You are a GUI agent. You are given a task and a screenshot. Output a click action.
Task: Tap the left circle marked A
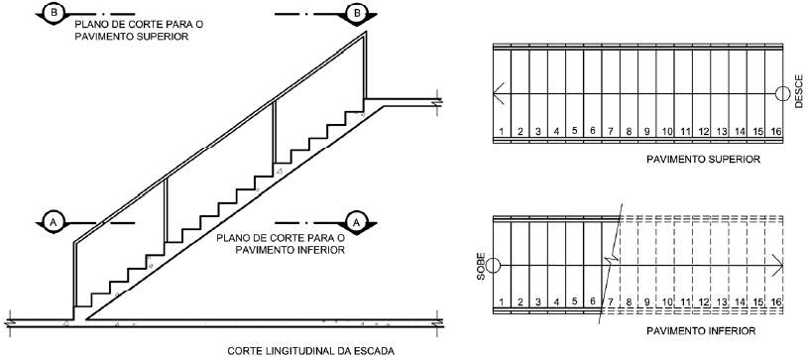(53, 222)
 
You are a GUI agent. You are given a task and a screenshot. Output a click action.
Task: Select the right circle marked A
(355, 222)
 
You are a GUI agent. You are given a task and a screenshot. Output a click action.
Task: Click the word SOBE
(481, 266)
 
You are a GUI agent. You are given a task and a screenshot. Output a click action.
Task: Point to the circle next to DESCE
(782, 93)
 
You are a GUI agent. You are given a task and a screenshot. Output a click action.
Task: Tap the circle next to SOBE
(493, 266)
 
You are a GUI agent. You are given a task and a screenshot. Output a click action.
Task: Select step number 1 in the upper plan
(502, 132)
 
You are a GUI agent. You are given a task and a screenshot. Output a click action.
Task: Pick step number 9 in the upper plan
(647, 132)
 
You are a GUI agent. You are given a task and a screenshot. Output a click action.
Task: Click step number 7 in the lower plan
(611, 301)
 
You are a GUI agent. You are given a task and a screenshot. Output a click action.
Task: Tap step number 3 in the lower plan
(538, 301)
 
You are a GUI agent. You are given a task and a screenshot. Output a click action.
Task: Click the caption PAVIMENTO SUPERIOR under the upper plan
(703, 160)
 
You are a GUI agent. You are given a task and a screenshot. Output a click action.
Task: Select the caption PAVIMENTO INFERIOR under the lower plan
(701, 330)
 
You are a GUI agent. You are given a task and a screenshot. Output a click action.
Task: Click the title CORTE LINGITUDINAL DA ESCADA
(311, 351)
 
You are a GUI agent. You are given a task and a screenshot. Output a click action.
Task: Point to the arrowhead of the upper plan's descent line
(497, 93)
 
